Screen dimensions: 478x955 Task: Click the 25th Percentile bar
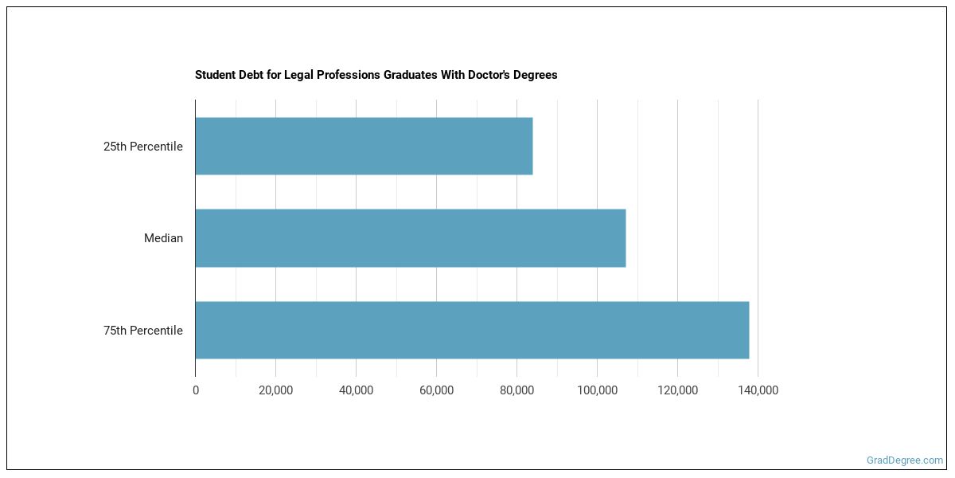click(x=364, y=146)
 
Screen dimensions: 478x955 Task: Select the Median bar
click(x=410, y=238)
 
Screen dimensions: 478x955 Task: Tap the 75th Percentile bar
click(x=472, y=330)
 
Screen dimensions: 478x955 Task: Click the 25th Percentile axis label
click(x=143, y=147)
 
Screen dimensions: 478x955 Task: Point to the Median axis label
click(x=163, y=238)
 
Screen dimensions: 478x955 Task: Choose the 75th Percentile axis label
click(x=143, y=331)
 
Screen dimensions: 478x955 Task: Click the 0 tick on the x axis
click(x=196, y=390)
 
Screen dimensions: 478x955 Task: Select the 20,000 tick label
click(x=275, y=390)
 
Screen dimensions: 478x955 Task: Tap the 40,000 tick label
click(x=356, y=390)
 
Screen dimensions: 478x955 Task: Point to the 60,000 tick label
click(x=436, y=390)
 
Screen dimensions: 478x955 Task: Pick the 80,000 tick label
click(x=516, y=390)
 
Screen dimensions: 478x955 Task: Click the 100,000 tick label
click(x=597, y=390)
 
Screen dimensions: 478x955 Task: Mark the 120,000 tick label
click(x=677, y=390)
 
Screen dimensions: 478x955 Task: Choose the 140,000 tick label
click(x=758, y=390)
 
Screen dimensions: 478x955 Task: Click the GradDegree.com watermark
click(x=905, y=460)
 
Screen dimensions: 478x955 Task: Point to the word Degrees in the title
click(x=536, y=75)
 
